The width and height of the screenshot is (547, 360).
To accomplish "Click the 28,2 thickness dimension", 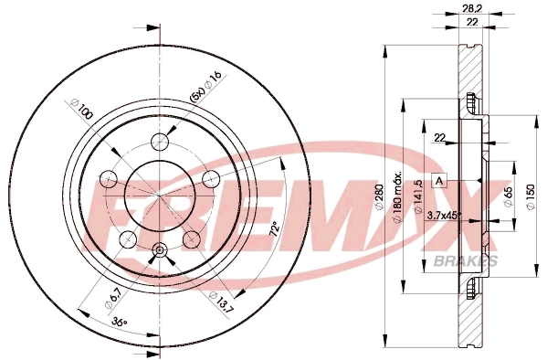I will pyautogui.click(x=473, y=9).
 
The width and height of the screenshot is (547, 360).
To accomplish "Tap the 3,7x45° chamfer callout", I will pyautogui.click(x=444, y=217).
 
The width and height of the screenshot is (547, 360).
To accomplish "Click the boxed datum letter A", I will pyautogui.click(x=438, y=180).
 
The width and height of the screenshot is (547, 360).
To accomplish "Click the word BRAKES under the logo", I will pyautogui.click(x=474, y=261).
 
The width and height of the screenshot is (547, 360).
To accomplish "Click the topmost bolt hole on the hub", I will pyautogui.click(x=162, y=140).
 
